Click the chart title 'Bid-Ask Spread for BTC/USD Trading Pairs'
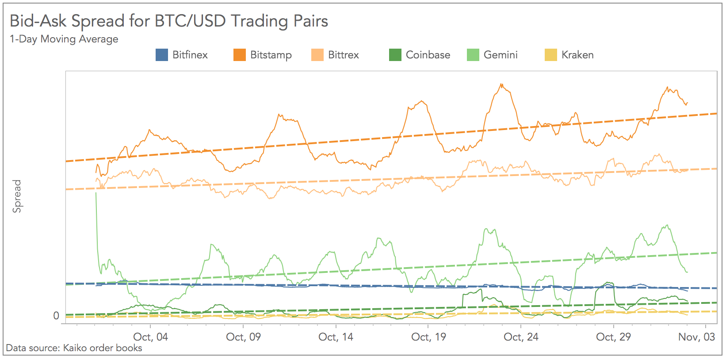[169, 21]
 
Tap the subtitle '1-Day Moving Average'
[64, 39]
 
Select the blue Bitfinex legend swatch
[162, 55]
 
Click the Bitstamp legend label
[271, 55]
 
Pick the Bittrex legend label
[343, 55]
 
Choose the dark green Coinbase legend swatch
[395, 55]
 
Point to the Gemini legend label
[500, 55]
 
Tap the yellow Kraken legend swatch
[551, 55]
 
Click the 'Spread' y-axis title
[17, 196]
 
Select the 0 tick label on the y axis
[56, 316]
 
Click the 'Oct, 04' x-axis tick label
[151, 337]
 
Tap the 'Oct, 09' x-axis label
[243, 337]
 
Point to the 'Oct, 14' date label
[336, 337]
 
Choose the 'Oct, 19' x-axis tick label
[428, 337]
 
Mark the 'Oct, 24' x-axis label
[521, 337]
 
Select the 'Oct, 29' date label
[613, 337]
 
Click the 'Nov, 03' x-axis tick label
[696, 337]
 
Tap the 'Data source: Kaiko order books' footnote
[74, 348]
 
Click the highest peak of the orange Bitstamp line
[501, 84]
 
